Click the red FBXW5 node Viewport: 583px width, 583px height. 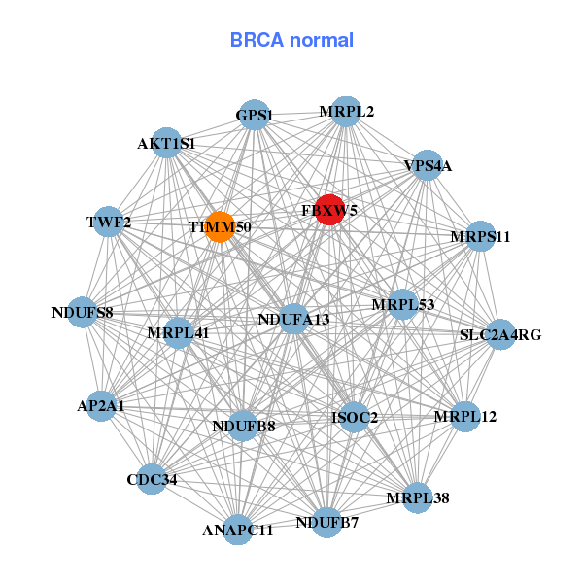click(329, 210)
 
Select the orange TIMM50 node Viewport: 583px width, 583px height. click(220, 227)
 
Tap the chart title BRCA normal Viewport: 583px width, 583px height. click(291, 40)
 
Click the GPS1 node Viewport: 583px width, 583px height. click(254, 115)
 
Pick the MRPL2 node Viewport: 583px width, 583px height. click(346, 112)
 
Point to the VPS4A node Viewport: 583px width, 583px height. click(428, 165)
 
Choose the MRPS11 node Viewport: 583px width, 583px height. click(480, 236)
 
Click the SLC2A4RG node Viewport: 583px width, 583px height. click(500, 334)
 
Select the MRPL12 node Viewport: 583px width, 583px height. click(465, 417)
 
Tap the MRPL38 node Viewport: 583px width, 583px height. click(417, 498)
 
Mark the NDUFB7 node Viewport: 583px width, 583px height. click(327, 523)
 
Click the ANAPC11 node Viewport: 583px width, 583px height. click(239, 530)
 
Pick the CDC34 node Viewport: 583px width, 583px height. click(152, 479)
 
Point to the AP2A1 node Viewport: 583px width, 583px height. click(101, 406)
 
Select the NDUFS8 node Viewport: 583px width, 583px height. click(83, 313)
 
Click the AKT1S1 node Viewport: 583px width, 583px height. click(166, 143)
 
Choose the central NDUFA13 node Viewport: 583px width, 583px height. click(294, 319)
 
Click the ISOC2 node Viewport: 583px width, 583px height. click(355, 418)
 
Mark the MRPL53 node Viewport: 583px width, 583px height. click(402, 305)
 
